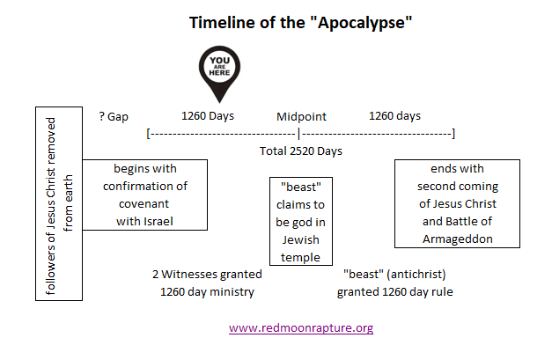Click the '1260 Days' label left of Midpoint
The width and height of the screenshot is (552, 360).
coord(207,116)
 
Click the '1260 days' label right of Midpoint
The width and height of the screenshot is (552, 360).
coord(394,116)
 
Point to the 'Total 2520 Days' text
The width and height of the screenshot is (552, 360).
coord(301,151)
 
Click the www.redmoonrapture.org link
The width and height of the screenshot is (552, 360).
coord(301,327)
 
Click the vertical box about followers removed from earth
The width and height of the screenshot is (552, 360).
coord(59,203)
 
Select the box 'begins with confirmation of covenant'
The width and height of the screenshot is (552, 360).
coord(145,195)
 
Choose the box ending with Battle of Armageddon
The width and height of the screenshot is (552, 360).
coord(457,203)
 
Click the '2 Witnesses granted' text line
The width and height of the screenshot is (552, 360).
coord(207,274)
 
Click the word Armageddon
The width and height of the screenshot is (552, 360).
coord(457,239)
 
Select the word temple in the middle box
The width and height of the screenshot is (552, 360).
coord(301,256)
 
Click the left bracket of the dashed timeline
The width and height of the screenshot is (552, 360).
coord(148,134)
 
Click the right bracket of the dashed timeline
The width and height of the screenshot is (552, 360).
coord(453,134)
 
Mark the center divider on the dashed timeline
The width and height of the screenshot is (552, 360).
coord(299,134)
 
